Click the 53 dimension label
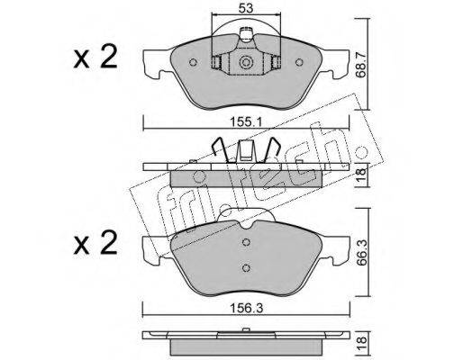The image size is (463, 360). coord(246,8)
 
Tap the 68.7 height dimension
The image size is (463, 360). coord(361,63)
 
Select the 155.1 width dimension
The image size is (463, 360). coord(246,122)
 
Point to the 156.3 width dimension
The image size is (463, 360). coord(246,308)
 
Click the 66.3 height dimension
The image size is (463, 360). coord(362,252)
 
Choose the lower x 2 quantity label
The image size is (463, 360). coord(95,243)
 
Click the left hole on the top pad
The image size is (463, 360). coord(194,62)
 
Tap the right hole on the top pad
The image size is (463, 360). coord(299,62)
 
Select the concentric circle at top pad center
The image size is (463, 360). coord(246,63)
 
